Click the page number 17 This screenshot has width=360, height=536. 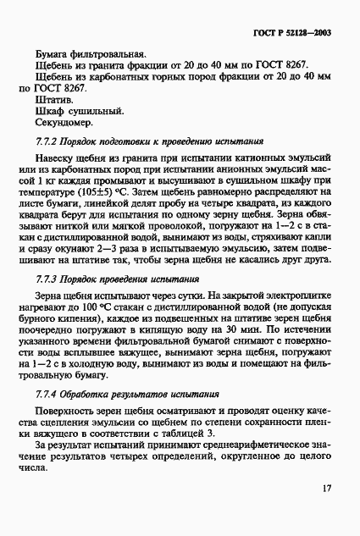click(x=327, y=488)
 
